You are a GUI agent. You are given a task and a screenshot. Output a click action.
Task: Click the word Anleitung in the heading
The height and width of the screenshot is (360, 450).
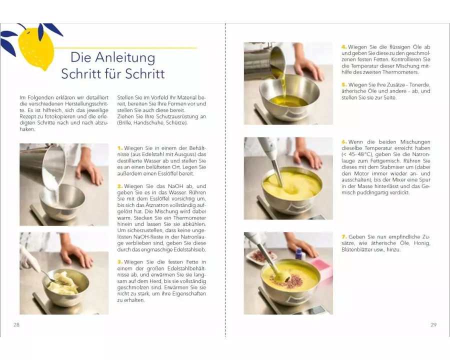point(125,57)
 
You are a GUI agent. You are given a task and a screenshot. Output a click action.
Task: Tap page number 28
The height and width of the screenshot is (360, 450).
point(16,324)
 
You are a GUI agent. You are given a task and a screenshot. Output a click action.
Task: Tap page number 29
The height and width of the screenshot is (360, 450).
point(433,324)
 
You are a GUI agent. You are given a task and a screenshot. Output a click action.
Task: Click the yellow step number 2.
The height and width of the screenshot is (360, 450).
point(120,186)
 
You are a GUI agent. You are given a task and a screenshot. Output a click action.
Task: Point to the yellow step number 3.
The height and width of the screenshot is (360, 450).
point(120,262)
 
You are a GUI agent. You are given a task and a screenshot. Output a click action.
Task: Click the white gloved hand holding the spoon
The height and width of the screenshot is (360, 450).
point(28,258)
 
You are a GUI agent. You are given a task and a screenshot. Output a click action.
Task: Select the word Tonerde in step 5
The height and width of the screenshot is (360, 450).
point(420,85)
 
